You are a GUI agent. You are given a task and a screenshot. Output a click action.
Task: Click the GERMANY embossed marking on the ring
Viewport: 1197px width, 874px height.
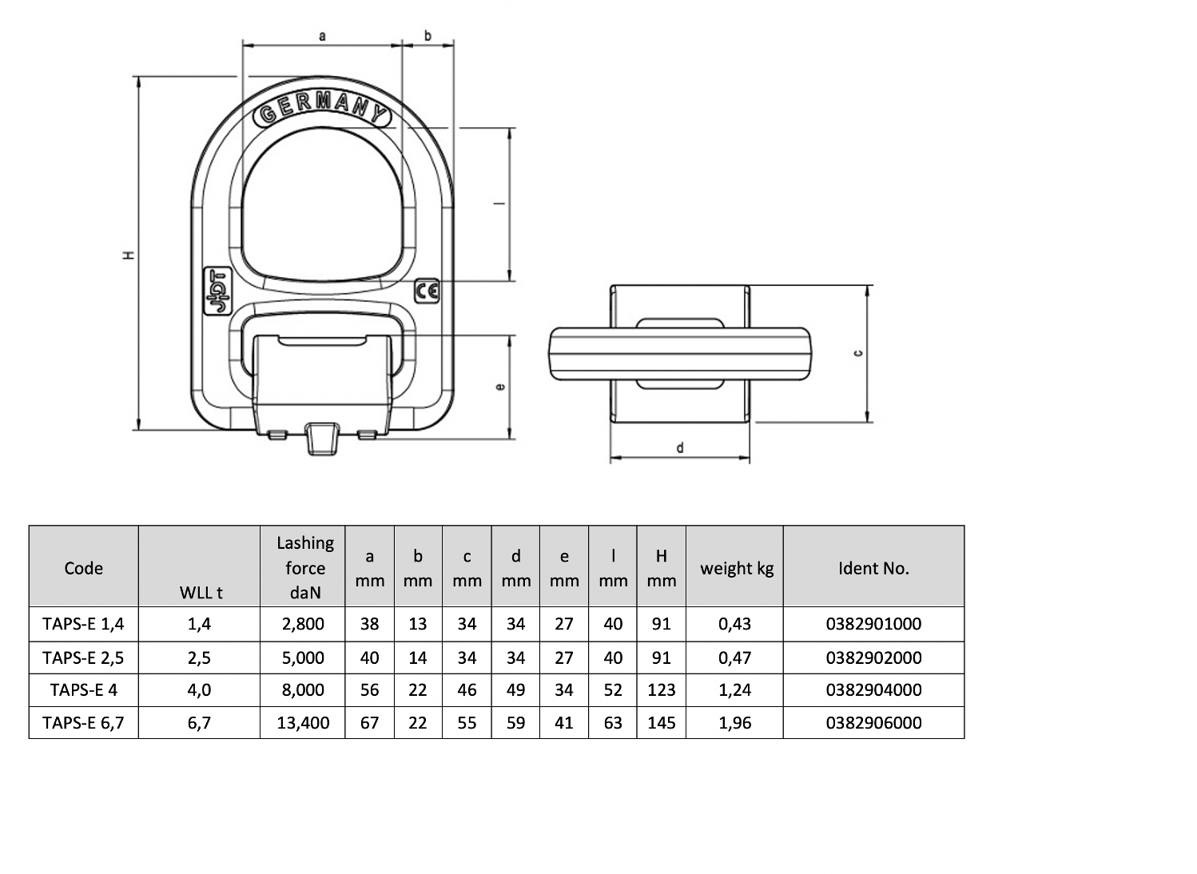pos(322,109)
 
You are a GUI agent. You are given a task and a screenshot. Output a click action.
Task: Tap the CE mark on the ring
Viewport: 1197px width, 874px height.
pos(427,291)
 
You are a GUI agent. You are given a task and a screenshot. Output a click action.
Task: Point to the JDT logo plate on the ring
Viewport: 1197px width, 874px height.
pos(217,291)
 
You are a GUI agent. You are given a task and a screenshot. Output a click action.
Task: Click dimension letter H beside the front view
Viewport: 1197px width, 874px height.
pos(128,256)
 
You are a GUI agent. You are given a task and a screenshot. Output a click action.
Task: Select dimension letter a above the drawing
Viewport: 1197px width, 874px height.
pos(322,36)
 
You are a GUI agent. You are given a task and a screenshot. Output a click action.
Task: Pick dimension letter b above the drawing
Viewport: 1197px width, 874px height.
pos(427,35)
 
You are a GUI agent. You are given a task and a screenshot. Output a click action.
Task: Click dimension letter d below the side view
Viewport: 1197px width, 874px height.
pos(680,447)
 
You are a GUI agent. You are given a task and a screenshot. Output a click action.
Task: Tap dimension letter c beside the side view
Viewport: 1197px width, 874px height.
pos(858,353)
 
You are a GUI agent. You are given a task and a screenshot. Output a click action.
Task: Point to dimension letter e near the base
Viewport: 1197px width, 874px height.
pos(500,387)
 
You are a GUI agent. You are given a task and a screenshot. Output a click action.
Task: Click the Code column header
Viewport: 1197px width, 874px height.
pos(83,568)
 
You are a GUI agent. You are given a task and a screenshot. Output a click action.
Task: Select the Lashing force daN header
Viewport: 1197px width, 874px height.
pos(305,567)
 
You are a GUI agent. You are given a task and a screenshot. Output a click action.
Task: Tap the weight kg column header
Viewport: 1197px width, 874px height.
pos(737,569)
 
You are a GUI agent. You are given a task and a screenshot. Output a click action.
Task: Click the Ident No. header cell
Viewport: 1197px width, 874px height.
pos(873,568)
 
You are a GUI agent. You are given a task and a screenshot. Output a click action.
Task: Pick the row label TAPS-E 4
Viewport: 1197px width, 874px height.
pos(83,689)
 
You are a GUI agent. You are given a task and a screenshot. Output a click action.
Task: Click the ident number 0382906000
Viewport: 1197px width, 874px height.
pos(873,722)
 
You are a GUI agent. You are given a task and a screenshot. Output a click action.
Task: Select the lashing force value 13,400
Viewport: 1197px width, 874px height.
pos(303,723)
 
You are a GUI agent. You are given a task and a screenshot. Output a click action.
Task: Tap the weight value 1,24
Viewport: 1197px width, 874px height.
pos(735,690)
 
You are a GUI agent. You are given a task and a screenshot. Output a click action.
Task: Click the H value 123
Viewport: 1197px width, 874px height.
pos(662,689)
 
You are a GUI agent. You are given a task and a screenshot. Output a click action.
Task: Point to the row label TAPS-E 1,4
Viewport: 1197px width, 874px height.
pos(83,624)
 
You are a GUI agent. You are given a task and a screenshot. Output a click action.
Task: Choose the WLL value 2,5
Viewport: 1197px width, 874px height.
pos(199,657)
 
